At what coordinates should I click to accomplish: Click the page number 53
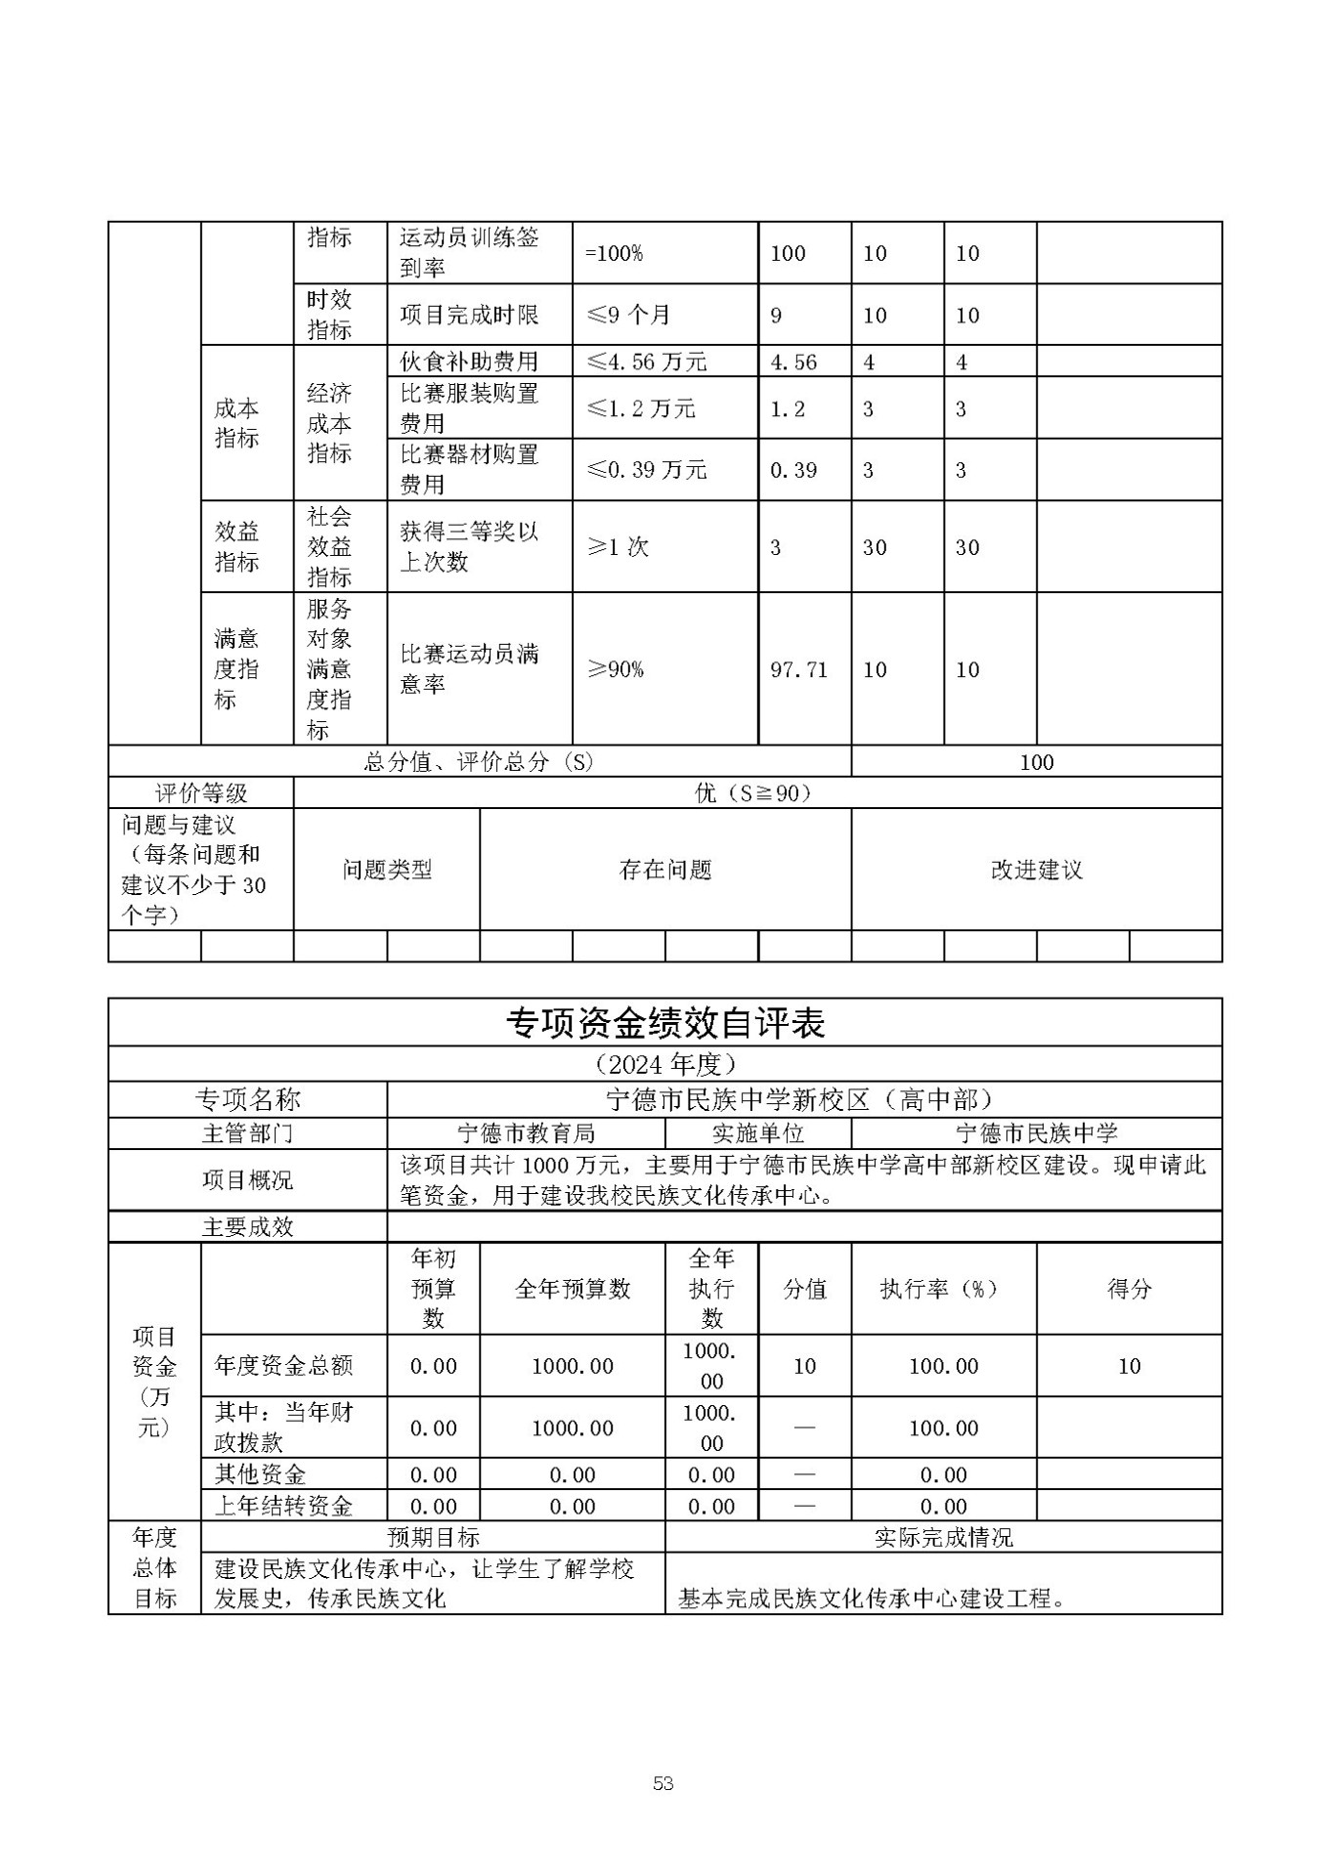663,1783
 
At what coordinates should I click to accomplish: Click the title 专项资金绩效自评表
664,1023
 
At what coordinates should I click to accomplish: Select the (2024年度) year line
664,1063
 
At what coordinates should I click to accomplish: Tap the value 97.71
798,669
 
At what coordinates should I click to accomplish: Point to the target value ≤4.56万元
646,362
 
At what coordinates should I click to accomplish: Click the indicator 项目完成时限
469,315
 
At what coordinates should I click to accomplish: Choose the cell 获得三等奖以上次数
469,546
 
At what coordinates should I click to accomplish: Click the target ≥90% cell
615,669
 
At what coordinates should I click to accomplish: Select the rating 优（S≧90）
752,792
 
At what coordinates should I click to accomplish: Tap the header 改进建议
1036,870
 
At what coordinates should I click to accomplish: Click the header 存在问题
664,870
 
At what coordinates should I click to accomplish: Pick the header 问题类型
387,870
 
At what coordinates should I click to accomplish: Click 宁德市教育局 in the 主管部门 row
526,1133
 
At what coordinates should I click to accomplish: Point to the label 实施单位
757,1133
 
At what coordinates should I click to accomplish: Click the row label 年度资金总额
283,1366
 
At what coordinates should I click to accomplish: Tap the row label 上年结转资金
283,1506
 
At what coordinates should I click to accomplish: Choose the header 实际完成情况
943,1537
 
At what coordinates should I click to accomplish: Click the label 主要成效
247,1227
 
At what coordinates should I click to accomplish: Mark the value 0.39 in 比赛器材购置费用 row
793,470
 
